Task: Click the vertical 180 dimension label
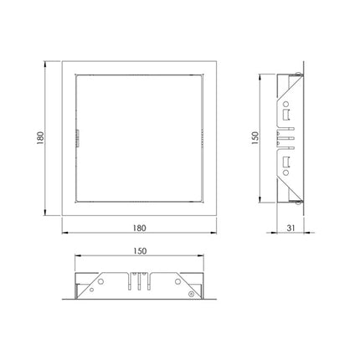[x=40, y=138]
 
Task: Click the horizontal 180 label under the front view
[x=139, y=228]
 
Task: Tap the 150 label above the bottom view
[x=140, y=251]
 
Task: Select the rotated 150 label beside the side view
[x=255, y=138]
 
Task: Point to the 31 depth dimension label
[x=291, y=228]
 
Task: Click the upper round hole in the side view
[x=285, y=105]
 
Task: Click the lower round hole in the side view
[x=285, y=172]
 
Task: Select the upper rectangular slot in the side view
[x=286, y=115]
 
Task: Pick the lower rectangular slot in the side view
[x=286, y=162]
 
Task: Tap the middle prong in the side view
[x=286, y=138]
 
